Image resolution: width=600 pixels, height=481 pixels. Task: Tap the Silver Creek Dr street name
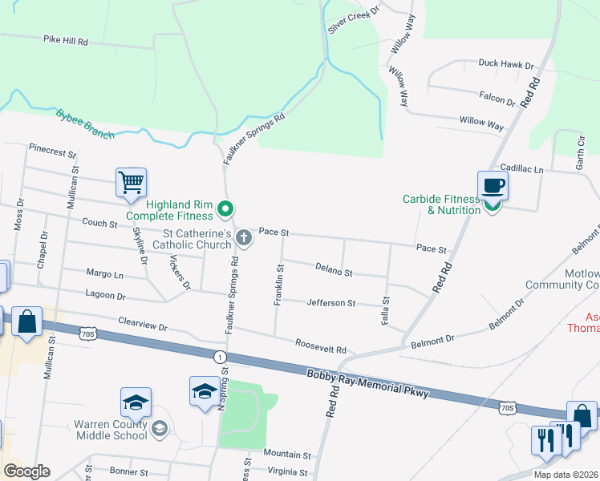353,18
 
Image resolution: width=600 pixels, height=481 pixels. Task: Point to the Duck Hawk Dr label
505,64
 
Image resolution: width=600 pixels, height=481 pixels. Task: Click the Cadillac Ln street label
521,169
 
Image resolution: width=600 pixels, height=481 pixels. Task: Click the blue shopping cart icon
131,182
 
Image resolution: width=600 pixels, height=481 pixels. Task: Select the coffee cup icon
493,186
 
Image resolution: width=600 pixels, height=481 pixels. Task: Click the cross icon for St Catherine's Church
245,238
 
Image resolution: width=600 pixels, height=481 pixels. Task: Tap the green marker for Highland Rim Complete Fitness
225,210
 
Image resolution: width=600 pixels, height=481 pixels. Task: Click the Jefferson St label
330,303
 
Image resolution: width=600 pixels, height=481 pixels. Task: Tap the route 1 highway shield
219,355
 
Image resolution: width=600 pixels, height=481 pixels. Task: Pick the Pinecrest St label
52,151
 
